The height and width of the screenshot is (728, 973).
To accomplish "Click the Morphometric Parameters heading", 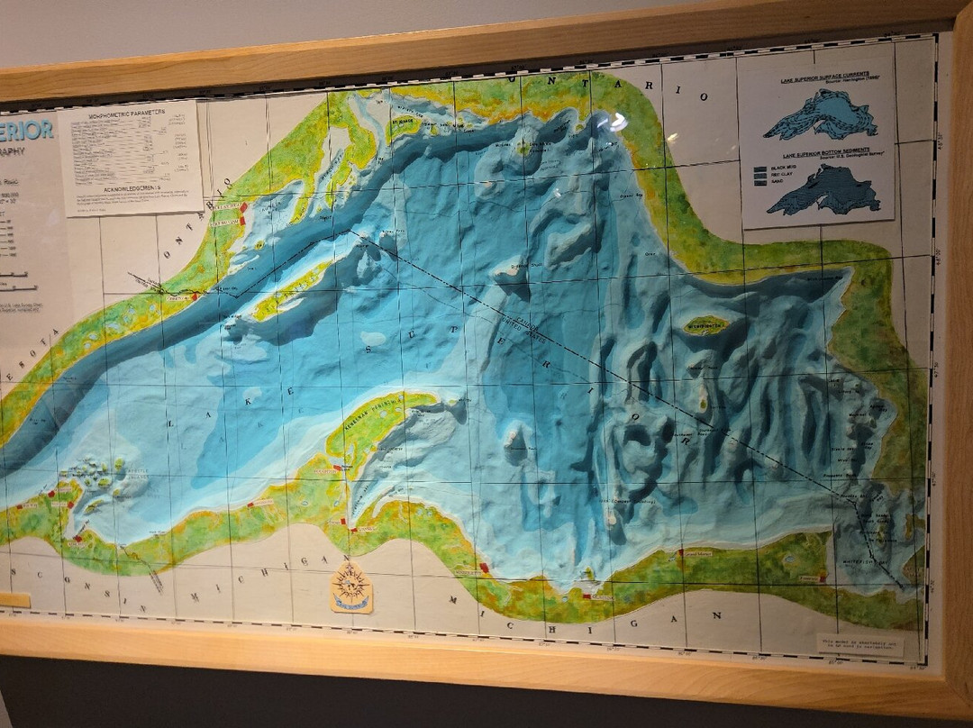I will coord(129,114).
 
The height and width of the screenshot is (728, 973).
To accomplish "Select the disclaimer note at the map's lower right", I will coord(859,645).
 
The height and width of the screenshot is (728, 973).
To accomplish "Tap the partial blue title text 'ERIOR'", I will coord(27,131).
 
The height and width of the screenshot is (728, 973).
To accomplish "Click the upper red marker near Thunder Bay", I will coord(243,208).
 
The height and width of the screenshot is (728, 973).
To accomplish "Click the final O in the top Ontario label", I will coord(703,96).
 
